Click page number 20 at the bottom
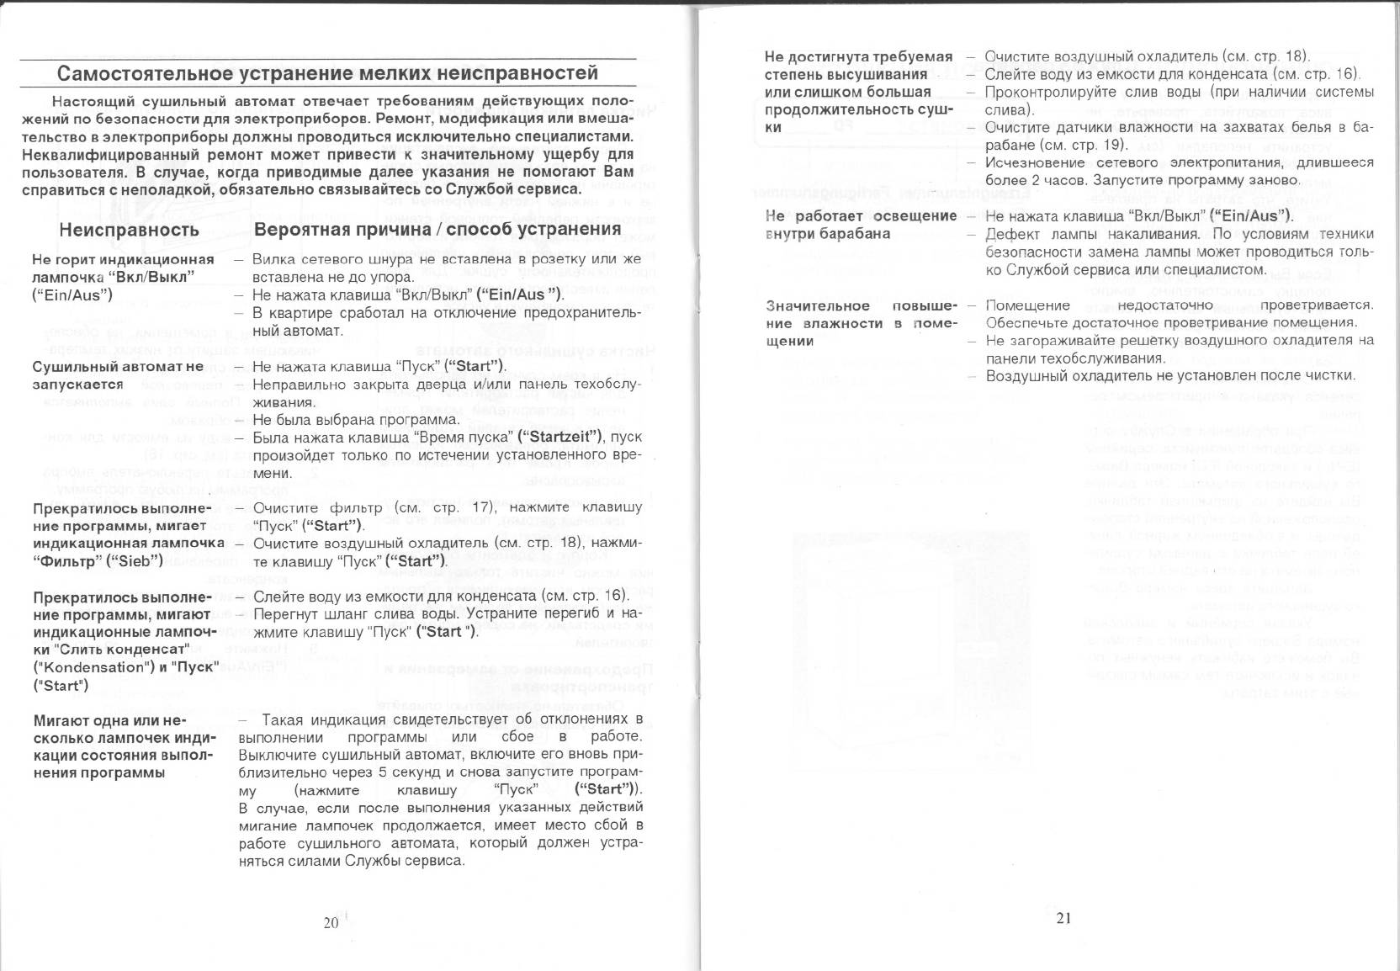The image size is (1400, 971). (331, 922)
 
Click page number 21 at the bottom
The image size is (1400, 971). (1063, 918)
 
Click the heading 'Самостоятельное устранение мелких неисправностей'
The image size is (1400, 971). (327, 72)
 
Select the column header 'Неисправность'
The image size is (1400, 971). (129, 230)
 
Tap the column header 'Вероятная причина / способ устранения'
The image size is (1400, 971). (437, 229)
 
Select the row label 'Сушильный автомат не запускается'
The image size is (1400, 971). (118, 375)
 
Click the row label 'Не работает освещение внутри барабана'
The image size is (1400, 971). (861, 225)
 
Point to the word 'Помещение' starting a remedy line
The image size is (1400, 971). (1027, 305)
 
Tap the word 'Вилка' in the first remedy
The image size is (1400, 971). (272, 259)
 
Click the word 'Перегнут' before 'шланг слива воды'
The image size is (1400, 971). (282, 613)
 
